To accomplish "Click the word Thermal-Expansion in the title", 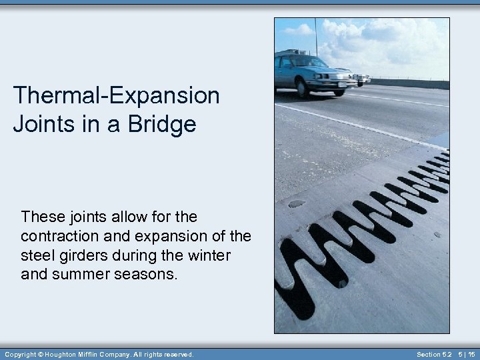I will (x=116, y=95).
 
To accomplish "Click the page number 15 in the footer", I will (x=471, y=355).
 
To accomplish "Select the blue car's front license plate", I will (x=342, y=84).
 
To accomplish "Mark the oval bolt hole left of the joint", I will (x=296, y=203).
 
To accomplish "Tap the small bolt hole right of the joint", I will (x=437, y=235).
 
